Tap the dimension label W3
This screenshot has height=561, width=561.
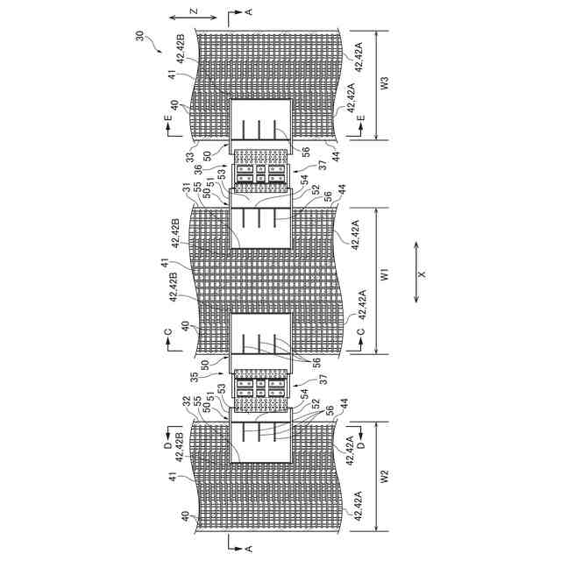tap(384, 86)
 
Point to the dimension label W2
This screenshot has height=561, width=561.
tap(384, 478)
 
